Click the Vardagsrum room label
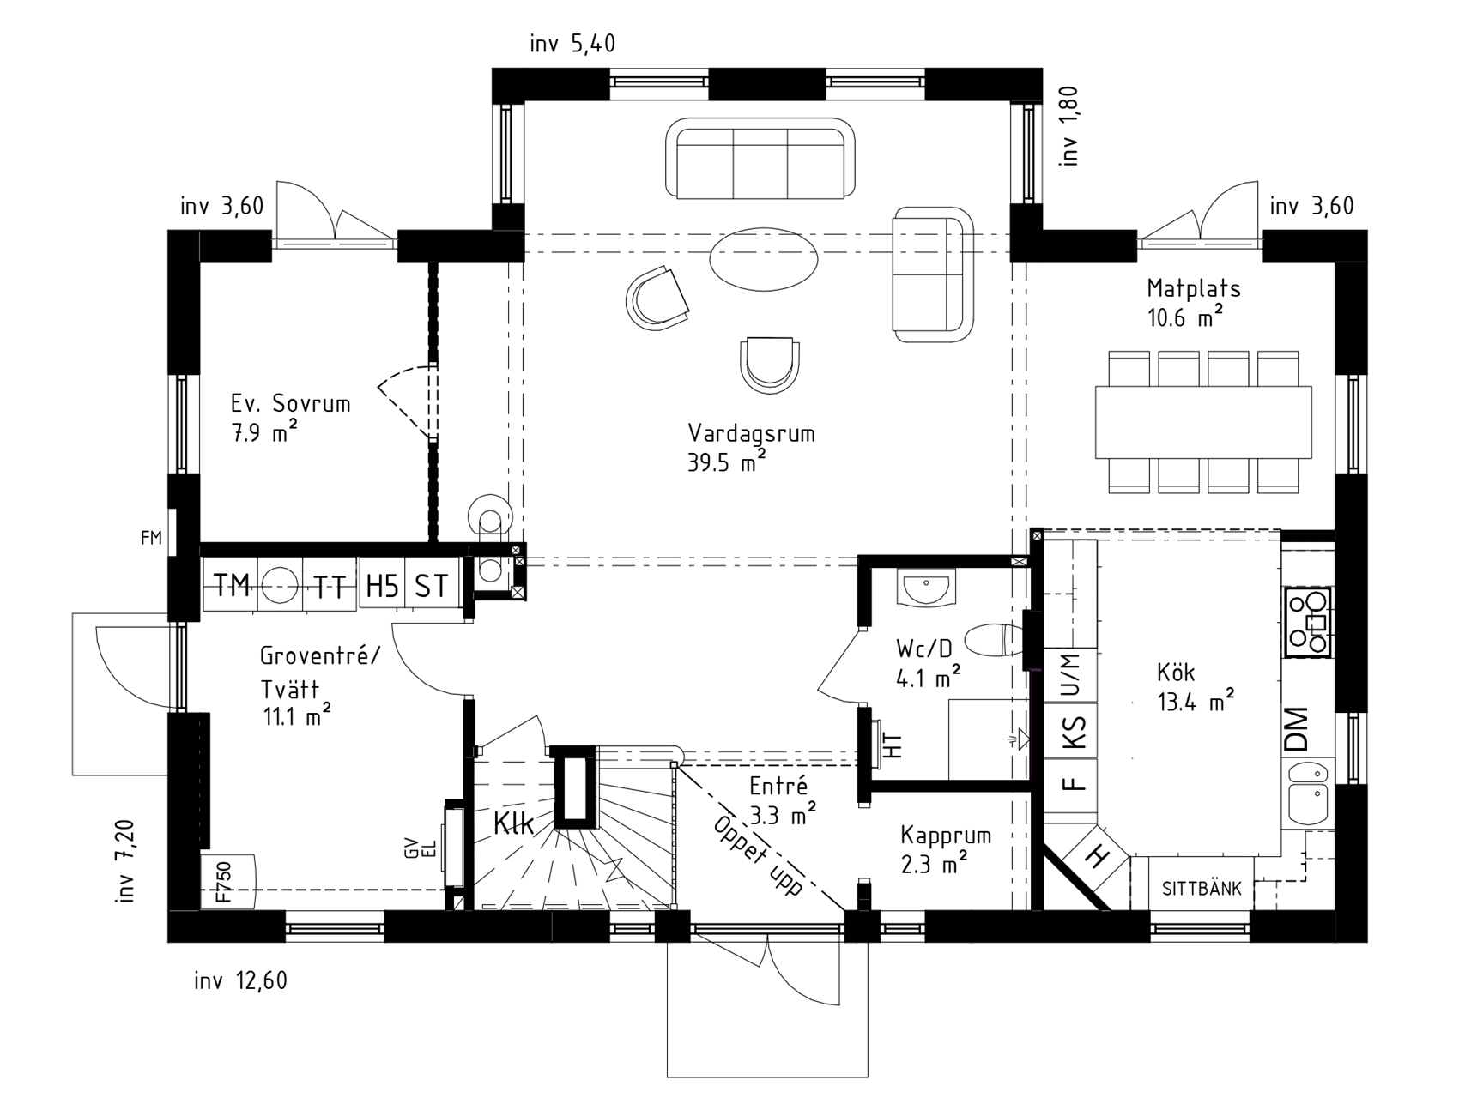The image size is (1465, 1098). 751,433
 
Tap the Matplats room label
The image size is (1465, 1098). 1194,288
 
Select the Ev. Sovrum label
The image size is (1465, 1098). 290,403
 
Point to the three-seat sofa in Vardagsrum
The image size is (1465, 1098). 760,159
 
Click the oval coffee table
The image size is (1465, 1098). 763,259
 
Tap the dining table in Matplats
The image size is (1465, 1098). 1203,422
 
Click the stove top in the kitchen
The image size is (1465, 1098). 1307,622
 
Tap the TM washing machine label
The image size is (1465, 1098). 232,585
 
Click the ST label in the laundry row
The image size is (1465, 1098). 431,586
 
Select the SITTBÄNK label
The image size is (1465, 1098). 1202,889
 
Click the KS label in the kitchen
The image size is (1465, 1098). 1074,733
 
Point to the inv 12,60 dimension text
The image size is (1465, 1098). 240,980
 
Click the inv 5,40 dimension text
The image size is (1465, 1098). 572,44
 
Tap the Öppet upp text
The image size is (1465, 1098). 758,855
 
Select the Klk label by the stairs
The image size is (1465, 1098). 513,823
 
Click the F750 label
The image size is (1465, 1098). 223,883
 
